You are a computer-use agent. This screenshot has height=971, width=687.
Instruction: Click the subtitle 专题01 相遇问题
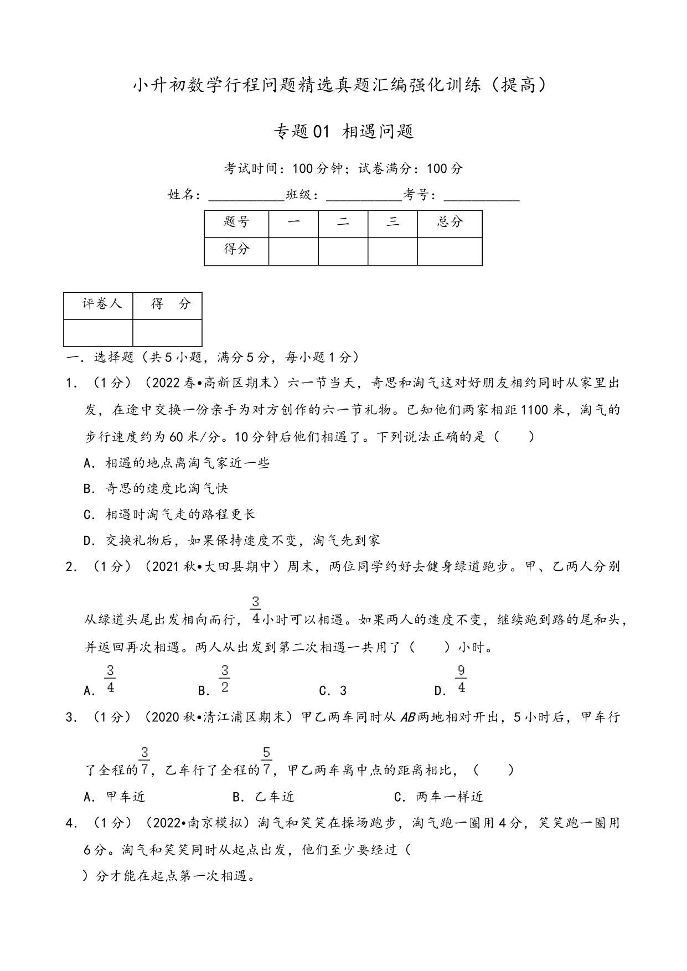coord(343,132)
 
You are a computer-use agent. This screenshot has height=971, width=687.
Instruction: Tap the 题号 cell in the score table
coord(236,223)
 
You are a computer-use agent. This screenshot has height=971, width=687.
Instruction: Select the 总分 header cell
coord(450,223)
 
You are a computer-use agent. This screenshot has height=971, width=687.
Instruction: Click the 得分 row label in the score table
coord(236,250)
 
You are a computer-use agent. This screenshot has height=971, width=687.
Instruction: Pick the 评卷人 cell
coord(102,304)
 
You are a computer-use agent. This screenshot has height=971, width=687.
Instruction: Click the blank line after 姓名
coord(246,197)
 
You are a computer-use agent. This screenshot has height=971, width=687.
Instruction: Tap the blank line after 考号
coord(482,197)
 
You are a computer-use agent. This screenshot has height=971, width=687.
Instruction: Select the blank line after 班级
coord(364,197)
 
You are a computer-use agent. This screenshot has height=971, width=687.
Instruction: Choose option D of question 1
coord(231,541)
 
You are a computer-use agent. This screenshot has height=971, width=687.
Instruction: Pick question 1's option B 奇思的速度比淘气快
coord(156,489)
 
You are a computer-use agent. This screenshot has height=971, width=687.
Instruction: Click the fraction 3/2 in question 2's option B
coord(224,680)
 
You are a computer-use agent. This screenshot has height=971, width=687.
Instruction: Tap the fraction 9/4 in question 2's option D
coord(461,680)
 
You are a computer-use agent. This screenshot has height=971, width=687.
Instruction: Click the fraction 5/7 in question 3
coord(266,761)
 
